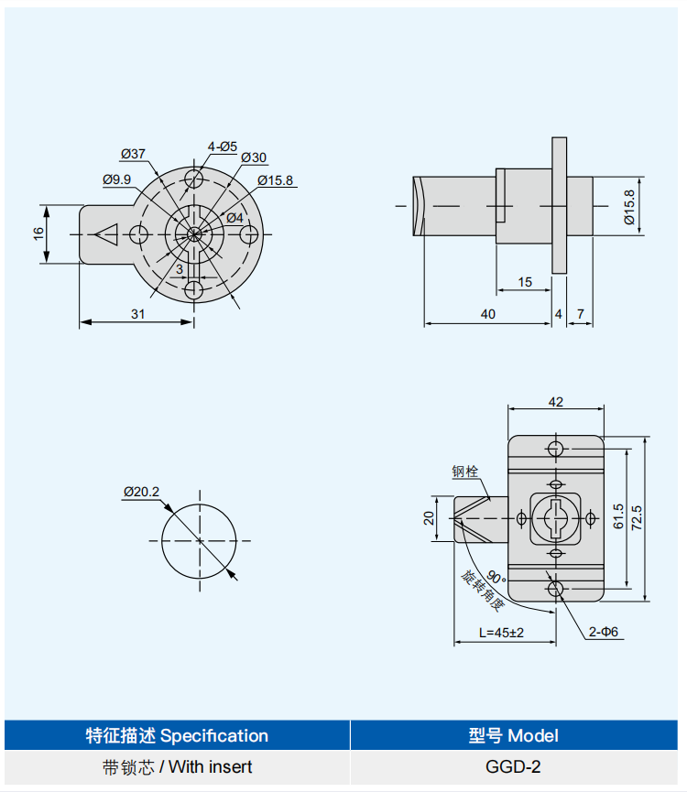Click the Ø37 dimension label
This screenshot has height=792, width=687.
point(133,153)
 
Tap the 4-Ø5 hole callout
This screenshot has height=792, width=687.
point(222,146)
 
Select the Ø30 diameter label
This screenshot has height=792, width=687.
point(254,157)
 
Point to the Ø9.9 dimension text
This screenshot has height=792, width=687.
point(117,179)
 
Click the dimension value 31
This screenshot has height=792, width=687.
point(137,313)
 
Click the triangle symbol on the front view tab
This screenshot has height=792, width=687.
point(107,234)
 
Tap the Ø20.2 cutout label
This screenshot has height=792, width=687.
point(141,492)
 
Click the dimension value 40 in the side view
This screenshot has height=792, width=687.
point(487,313)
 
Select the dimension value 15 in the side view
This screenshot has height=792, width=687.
point(524,282)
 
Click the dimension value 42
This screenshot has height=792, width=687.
point(555,401)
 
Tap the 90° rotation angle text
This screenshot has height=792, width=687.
point(496,577)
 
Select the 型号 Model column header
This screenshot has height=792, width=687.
point(518,735)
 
